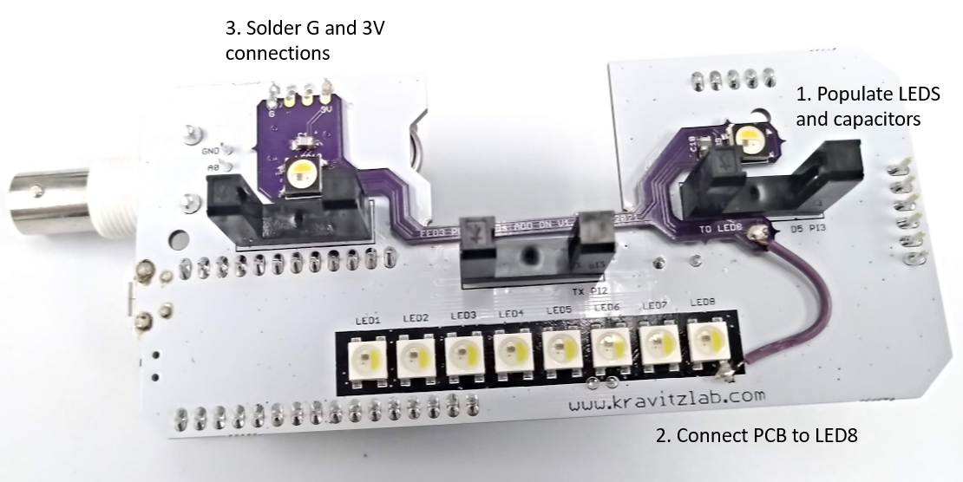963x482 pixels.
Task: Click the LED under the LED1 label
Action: (x=364, y=355)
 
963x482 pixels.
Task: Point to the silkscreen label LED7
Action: (x=654, y=307)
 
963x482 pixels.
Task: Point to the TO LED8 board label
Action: (x=719, y=228)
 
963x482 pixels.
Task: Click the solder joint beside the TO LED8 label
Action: (x=760, y=232)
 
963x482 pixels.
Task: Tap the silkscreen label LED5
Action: (x=559, y=310)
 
